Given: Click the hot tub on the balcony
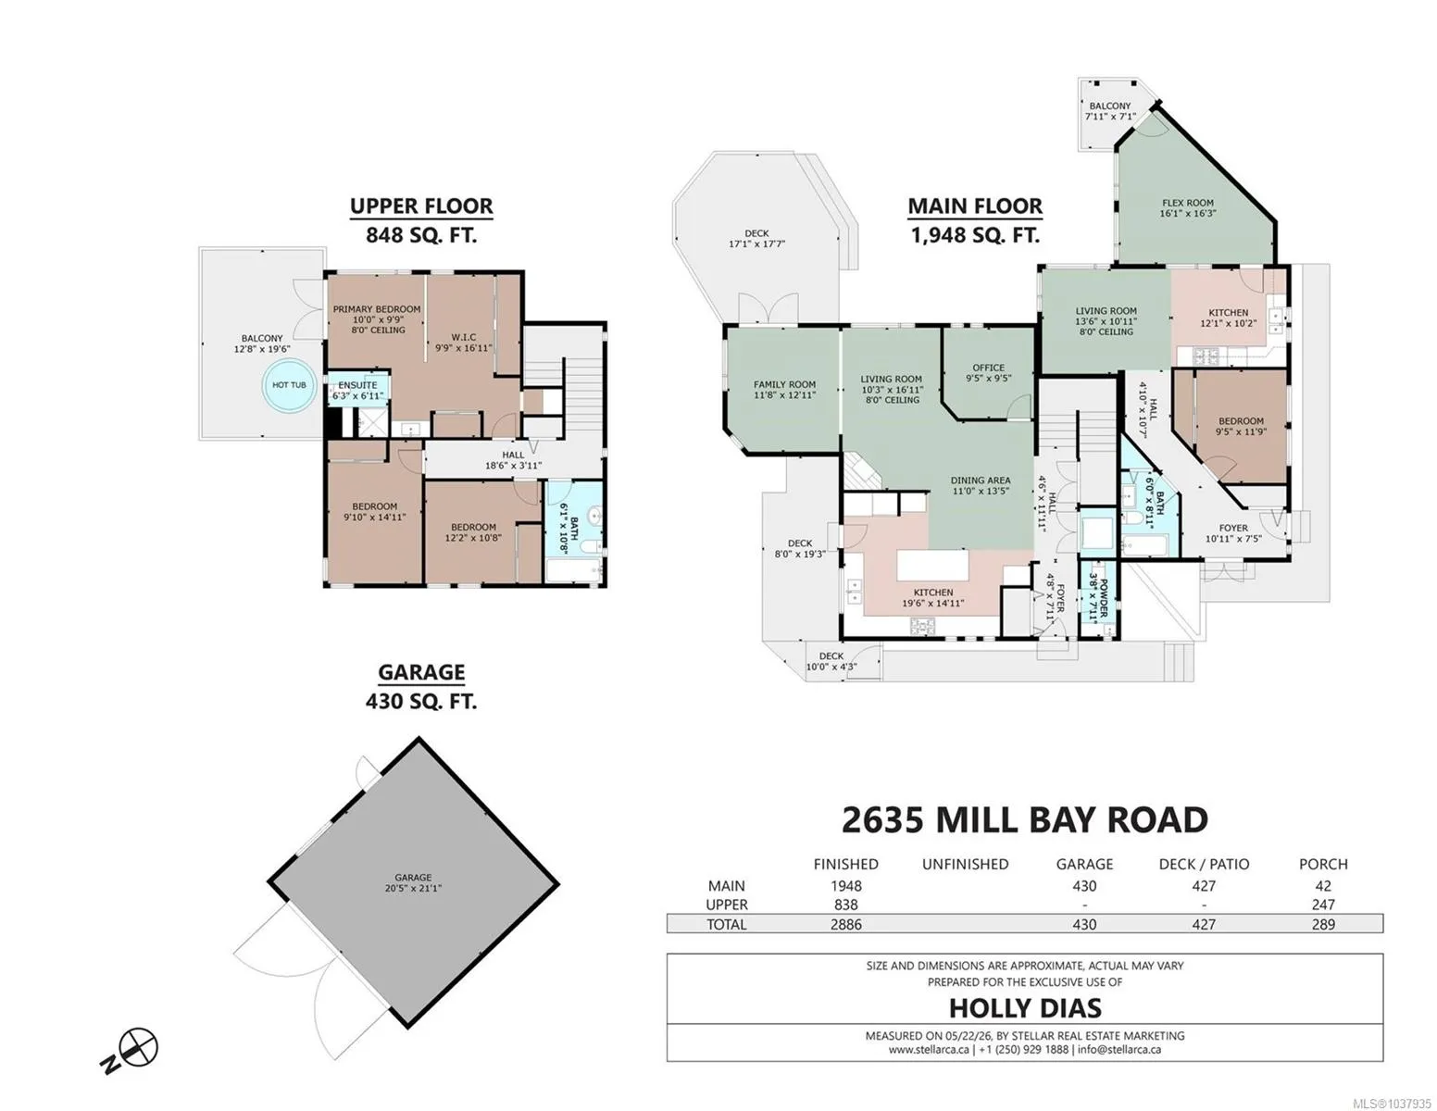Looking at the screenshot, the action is point(289,385).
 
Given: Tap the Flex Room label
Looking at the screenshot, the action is point(1188,208).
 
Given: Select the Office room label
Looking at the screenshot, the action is point(988,373).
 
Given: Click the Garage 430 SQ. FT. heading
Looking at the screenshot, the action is point(421,686).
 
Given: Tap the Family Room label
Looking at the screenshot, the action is point(784,389).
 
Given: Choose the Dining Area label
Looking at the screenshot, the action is point(980,486).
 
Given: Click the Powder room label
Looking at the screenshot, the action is point(1097,598).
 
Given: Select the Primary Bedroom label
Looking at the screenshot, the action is point(377,319).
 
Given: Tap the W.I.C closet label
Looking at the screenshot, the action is point(464,343).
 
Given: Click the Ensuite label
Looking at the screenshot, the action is point(357,390).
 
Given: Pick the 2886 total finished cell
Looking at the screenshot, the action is point(845,925).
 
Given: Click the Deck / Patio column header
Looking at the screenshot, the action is point(1204,864).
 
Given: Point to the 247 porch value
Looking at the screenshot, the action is point(1323,905).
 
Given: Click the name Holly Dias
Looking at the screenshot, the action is point(1025,1008).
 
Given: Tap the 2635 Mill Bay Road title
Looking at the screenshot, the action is point(1024,820).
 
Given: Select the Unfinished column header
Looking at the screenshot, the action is point(965,864).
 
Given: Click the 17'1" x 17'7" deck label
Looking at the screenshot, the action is point(756,239).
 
